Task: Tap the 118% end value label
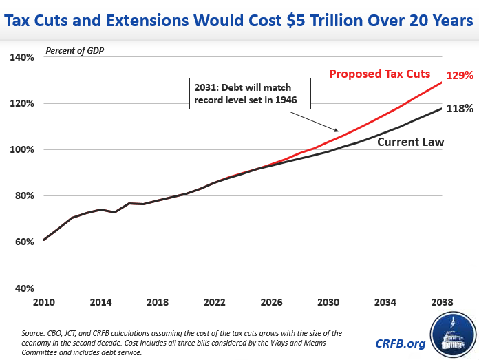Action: point(460,108)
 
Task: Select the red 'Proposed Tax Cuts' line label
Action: point(379,74)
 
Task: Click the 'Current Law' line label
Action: point(410,142)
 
